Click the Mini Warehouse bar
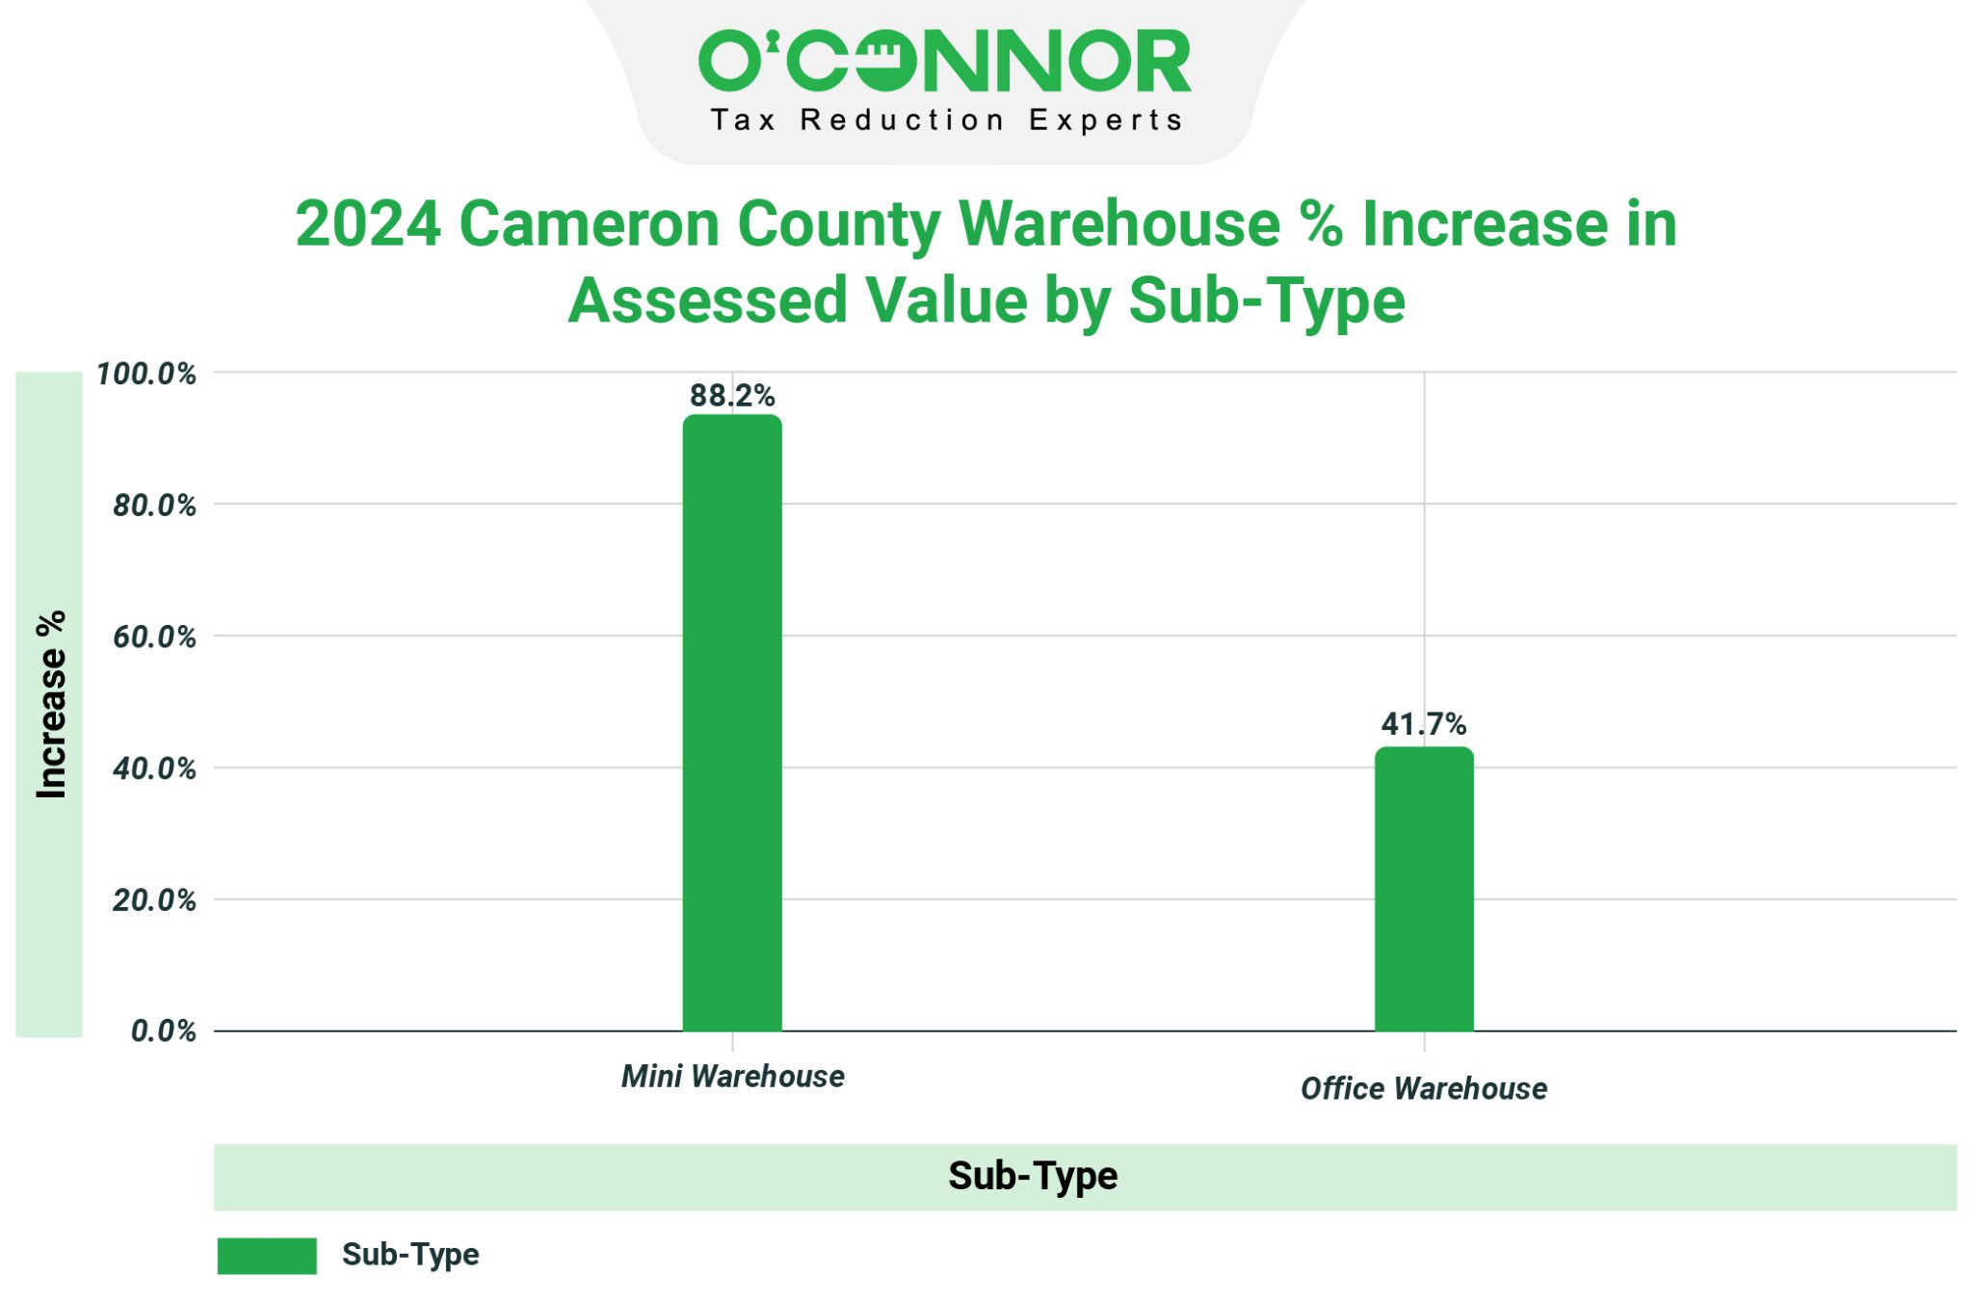click(732, 722)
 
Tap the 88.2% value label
click(732, 395)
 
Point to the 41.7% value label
click(1424, 723)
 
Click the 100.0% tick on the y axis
click(146, 374)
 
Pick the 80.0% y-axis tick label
click(154, 506)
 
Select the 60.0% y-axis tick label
click(154, 637)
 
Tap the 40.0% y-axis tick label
click(154, 768)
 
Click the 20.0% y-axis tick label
click(154, 900)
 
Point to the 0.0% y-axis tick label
click(163, 1031)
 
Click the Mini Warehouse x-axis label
click(732, 1076)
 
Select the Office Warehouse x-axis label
click(1424, 1088)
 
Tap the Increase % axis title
click(51, 704)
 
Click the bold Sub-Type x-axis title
click(1033, 1176)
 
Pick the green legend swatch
click(267, 1256)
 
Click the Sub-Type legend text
click(410, 1255)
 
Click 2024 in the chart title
click(368, 224)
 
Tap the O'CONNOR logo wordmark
click(944, 62)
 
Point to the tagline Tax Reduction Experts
click(946, 120)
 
